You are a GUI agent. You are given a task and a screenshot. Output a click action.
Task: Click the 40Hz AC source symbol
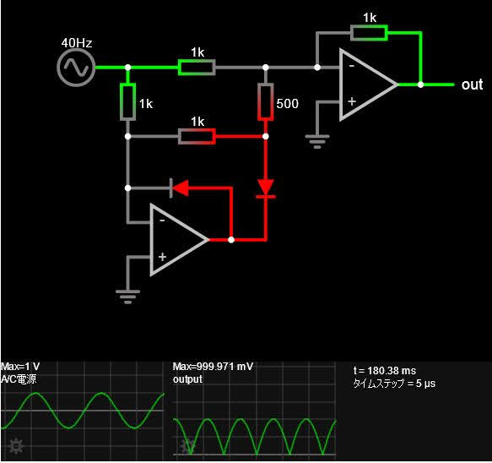tap(76, 68)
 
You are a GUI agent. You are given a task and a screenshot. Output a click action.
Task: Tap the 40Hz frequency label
tap(77, 43)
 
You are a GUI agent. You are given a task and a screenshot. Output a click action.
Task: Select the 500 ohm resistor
tap(266, 101)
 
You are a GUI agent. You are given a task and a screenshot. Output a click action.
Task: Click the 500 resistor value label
tap(288, 104)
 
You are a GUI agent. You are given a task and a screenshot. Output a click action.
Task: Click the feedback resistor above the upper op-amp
tap(369, 33)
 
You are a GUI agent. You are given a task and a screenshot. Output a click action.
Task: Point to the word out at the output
tap(472, 84)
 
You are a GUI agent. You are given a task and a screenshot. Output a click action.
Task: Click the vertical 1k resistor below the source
tap(127, 101)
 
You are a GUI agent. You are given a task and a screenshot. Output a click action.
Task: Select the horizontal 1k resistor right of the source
tap(197, 68)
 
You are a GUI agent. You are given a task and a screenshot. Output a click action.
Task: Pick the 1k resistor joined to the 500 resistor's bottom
tap(197, 136)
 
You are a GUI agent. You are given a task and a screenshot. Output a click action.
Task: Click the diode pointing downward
tap(266, 188)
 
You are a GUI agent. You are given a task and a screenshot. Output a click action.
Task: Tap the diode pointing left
tap(180, 188)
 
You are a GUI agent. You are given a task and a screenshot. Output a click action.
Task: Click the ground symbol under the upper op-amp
tap(317, 141)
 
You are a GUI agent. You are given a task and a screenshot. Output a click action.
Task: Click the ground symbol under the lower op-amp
tap(127, 297)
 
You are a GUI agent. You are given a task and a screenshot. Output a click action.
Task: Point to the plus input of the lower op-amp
tap(162, 257)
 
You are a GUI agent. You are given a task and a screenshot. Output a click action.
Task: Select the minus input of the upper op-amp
tap(352, 66)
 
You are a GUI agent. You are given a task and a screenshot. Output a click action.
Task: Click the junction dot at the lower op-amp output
tap(231, 240)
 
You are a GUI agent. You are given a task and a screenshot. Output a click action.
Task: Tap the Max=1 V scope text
tap(20, 367)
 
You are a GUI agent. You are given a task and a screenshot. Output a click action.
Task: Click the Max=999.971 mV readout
tap(213, 367)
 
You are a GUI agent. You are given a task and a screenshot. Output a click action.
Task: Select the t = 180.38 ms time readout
tap(385, 371)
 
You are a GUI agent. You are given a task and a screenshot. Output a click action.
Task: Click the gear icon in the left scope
tap(16, 446)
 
